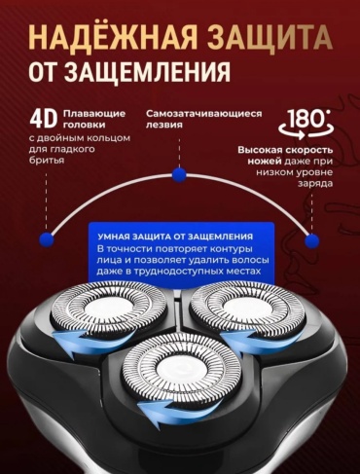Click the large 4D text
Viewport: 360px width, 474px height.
pyautogui.click(x=44, y=119)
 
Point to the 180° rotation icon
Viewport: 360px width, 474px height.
pyautogui.click(x=306, y=124)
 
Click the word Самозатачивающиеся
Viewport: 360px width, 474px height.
pyautogui.click(x=203, y=114)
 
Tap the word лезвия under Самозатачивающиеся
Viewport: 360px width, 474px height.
pyautogui.click(x=163, y=125)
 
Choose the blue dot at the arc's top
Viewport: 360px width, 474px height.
pyautogui.click(x=179, y=175)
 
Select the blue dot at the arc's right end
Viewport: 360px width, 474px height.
pyautogui.click(x=312, y=240)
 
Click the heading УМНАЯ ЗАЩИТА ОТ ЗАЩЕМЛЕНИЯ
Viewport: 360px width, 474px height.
pyautogui.click(x=175, y=237)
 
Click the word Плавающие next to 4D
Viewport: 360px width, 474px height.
pyautogui.click(x=94, y=114)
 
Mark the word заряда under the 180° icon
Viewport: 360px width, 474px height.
pyautogui.click(x=315, y=183)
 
